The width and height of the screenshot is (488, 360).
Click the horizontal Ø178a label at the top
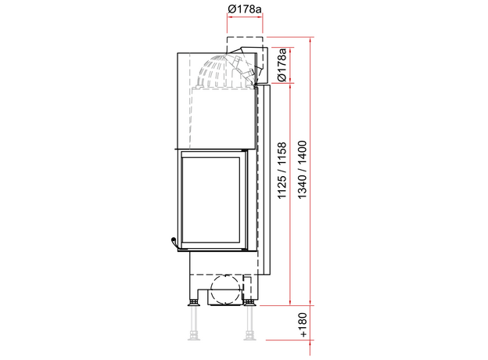(245, 9)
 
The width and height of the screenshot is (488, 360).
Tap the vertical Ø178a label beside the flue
(282, 65)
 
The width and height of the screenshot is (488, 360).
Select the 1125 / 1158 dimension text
(282, 171)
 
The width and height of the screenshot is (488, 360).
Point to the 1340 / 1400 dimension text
(302, 170)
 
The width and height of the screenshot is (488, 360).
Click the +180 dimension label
(303, 325)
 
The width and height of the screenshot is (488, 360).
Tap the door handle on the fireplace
(174, 243)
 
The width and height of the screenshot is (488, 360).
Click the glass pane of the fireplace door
(210, 200)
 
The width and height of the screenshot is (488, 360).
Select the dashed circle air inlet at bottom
(226, 290)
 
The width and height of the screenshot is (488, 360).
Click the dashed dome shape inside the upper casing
(210, 72)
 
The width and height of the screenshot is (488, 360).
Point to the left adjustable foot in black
(194, 302)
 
